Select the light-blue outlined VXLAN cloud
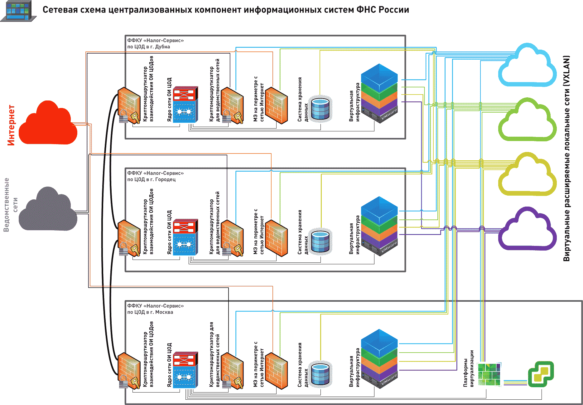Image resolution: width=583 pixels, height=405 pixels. tap(528, 67)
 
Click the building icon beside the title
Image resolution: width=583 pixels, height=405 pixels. tap(19, 11)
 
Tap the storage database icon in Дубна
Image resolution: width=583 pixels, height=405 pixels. tap(320, 109)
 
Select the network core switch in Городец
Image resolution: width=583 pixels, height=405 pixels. tap(185, 237)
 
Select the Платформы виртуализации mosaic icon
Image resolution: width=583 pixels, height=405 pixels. tap(489, 374)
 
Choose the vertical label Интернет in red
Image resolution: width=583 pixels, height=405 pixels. tap(11, 125)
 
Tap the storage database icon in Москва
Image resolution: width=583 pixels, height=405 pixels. tap(320, 374)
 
